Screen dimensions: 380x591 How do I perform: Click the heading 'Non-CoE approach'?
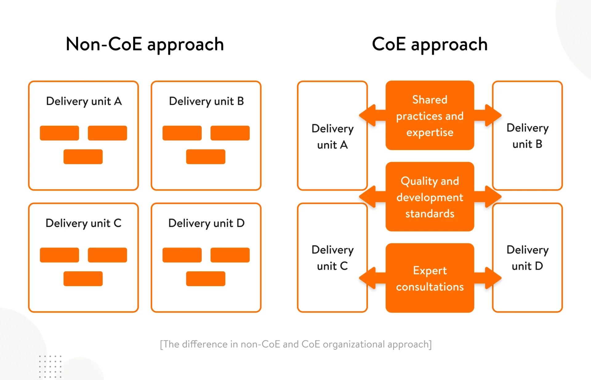click(145, 44)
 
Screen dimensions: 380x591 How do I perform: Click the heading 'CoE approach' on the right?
click(430, 44)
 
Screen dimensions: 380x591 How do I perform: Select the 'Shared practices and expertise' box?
click(430, 116)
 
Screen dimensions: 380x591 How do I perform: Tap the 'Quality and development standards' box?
click(430, 197)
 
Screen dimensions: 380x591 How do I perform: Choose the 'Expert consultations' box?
click(430, 278)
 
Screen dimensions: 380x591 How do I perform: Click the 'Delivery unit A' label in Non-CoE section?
click(84, 101)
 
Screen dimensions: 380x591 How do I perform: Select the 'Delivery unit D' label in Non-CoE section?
click(206, 223)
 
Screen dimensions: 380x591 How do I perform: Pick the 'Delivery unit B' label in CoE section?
click(527, 136)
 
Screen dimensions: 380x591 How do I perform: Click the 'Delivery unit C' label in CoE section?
click(332, 258)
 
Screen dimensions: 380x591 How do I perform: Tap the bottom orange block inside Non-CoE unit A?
click(83, 157)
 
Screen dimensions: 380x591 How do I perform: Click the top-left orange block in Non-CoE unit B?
click(182, 133)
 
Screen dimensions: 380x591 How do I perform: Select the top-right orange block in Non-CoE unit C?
click(107, 255)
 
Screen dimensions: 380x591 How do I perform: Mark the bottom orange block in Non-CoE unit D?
click(206, 279)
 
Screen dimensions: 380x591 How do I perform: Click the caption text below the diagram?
click(295, 344)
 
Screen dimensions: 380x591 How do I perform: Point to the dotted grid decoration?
click(50, 366)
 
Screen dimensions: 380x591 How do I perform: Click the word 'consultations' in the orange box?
click(430, 287)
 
